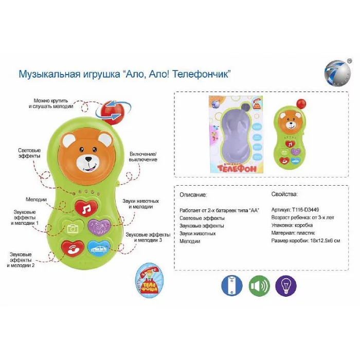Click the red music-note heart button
pos(86,207)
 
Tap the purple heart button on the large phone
pos(99,226)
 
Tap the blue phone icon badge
pos(231,285)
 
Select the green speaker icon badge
pos(259,285)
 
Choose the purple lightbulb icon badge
pos(286,285)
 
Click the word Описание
pos(193,195)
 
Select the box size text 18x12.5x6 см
pos(323,241)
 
